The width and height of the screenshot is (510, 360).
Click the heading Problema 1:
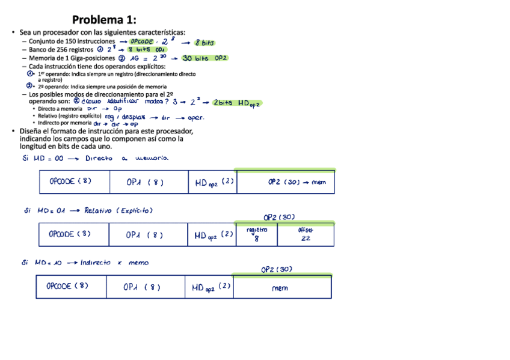[104, 20]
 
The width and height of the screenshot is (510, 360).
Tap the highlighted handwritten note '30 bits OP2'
[204, 58]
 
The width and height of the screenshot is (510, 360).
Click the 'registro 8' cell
[257, 234]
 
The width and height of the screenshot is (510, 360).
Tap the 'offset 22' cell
[306, 234]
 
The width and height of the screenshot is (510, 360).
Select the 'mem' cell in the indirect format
[281, 288]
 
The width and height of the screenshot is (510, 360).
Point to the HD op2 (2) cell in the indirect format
[209, 287]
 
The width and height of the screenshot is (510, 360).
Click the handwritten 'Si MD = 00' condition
[42, 159]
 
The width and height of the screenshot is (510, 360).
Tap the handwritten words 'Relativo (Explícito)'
[118, 210]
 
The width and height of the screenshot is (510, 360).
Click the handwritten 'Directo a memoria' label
[126, 159]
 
